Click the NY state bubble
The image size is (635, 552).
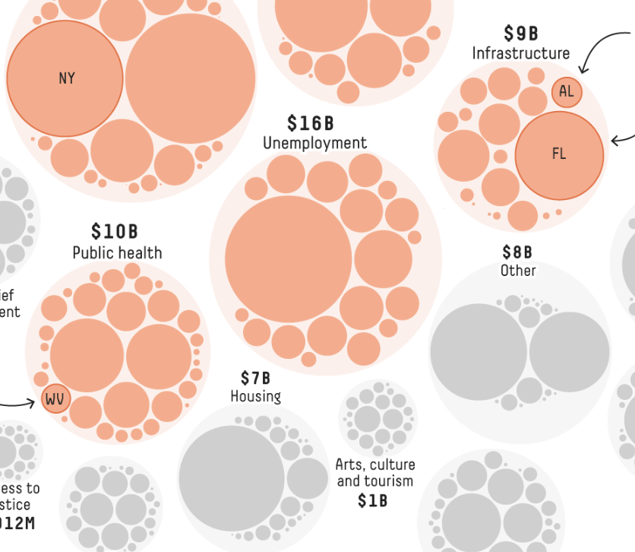point(65,78)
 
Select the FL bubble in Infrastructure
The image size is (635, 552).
point(559,155)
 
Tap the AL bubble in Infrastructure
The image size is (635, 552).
point(566,92)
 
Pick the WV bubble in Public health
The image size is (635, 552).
point(55,398)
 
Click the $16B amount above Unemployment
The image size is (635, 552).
point(310,123)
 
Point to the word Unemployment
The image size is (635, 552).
point(314,143)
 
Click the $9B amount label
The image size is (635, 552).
point(521,33)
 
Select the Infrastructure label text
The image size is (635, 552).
point(521,53)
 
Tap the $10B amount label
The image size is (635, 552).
point(115,231)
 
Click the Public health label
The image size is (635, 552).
point(117,252)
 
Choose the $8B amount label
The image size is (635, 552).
point(517,252)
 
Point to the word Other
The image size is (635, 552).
point(518,271)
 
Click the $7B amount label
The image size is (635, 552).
point(255,378)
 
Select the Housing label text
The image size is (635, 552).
point(256,396)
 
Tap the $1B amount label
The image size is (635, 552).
point(372,500)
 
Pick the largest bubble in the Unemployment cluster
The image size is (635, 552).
point(289,259)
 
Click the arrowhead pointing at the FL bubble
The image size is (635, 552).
point(614,140)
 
